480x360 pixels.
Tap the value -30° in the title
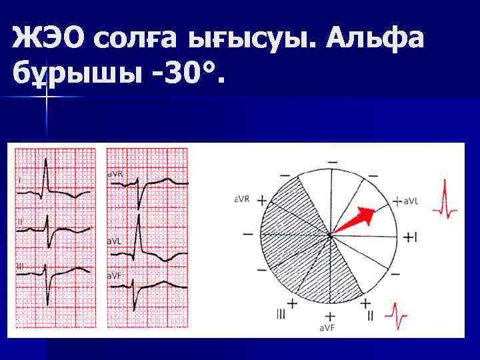coord(181,75)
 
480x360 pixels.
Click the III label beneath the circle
coord(281,314)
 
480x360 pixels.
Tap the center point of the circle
coord(329,235)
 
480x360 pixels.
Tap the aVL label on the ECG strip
coord(115,240)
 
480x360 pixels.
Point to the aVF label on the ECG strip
coord(115,275)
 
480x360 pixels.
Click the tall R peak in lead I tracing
coord(45,160)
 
